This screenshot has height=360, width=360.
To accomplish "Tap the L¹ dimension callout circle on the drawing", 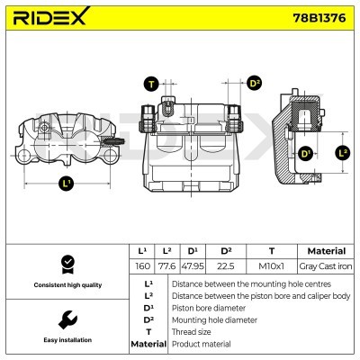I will [x=67, y=184].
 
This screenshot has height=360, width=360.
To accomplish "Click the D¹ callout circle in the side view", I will [x=306, y=154].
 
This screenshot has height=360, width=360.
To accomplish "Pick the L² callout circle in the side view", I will [x=342, y=153].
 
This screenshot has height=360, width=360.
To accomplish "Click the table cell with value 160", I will [x=142, y=266].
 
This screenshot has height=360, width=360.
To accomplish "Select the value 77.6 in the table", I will [x=166, y=266].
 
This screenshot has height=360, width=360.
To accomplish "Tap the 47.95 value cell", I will [x=192, y=266].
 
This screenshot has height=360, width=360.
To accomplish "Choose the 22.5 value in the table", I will [x=226, y=266].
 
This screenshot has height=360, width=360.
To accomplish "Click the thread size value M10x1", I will [x=271, y=266].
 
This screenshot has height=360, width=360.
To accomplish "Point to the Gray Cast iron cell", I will [x=326, y=266].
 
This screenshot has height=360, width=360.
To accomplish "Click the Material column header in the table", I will [x=326, y=250].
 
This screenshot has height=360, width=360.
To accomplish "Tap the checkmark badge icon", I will [x=67, y=264].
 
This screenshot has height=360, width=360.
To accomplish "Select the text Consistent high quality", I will [x=67, y=285].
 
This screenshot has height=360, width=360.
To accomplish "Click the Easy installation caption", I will [x=67, y=340].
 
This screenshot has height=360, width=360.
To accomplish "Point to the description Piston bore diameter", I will [x=210, y=307].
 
